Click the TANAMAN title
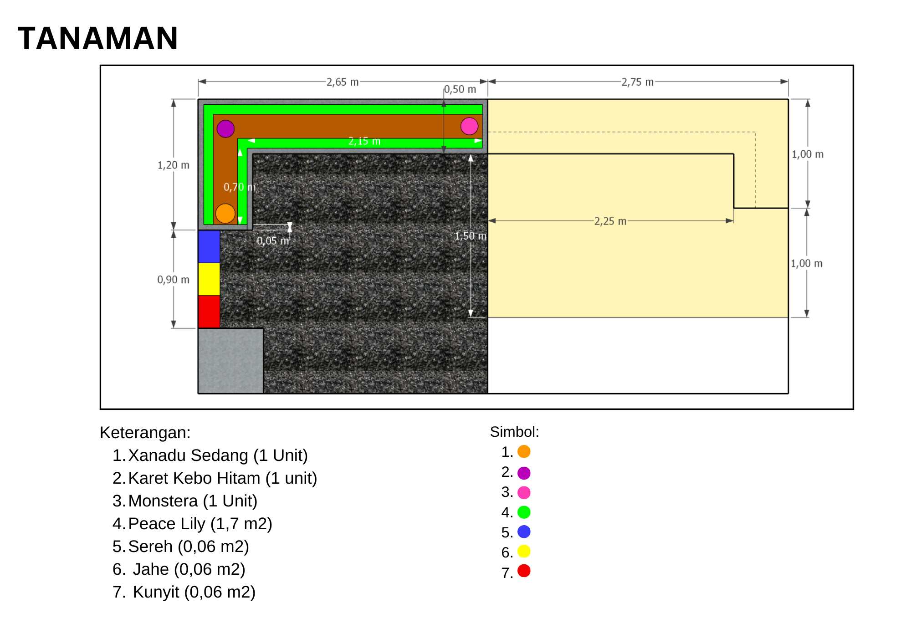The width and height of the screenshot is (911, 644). (x=98, y=38)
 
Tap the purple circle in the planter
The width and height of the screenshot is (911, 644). (x=225, y=129)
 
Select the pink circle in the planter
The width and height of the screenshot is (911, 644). (x=469, y=126)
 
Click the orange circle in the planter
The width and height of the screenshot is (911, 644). (x=225, y=213)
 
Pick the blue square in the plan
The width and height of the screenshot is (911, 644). (x=209, y=246)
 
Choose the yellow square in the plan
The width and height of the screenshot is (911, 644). (x=209, y=279)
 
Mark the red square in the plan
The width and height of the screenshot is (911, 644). (x=209, y=312)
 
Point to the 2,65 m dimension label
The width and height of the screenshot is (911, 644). (x=343, y=82)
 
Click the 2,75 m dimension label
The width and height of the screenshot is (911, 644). (x=638, y=82)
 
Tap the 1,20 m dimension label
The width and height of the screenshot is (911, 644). (x=174, y=165)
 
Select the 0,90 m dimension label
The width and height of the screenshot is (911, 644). (x=174, y=279)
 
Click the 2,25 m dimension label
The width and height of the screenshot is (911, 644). (x=610, y=221)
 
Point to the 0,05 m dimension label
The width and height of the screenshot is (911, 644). (x=273, y=240)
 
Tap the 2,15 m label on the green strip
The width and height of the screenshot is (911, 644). (x=364, y=141)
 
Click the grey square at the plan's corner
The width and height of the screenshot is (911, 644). (x=230, y=361)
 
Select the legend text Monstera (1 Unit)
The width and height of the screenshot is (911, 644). (x=193, y=501)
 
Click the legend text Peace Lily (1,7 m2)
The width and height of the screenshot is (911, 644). (x=200, y=524)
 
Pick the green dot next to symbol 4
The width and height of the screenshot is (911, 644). (x=524, y=512)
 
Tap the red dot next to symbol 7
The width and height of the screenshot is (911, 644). (x=524, y=571)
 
